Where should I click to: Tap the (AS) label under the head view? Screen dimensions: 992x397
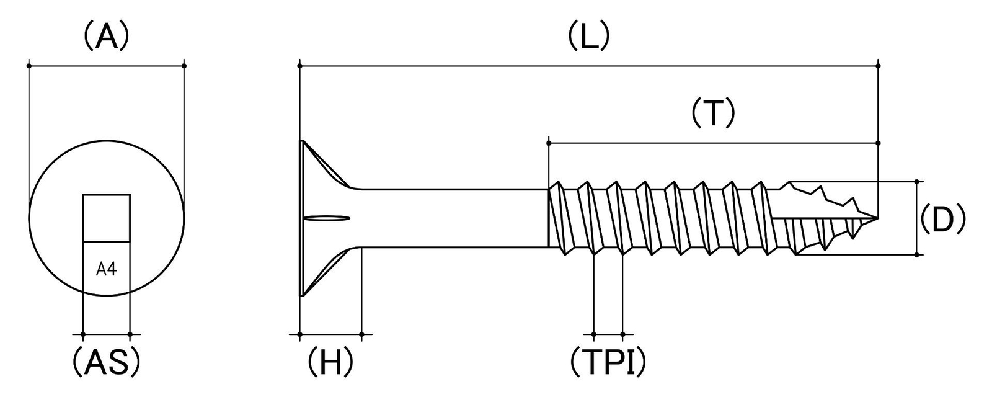click(106, 362)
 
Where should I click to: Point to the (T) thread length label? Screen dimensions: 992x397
click(713, 114)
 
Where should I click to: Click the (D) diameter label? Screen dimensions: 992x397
click(942, 218)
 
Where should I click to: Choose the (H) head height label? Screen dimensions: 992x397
click(330, 362)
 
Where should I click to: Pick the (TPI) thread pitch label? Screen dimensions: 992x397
click(608, 362)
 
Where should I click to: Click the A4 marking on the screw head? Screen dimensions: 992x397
click(106, 269)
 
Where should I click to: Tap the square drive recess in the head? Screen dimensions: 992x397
click(106, 218)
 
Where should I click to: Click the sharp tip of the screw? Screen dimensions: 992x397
click(877, 218)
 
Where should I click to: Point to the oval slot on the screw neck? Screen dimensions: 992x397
click(328, 218)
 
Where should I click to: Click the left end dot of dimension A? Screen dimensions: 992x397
click(29, 66)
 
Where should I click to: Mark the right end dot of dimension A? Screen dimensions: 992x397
click(184, 66)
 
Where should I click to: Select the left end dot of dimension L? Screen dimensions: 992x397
click(300, 66)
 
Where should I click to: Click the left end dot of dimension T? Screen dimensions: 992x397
click(549, 143)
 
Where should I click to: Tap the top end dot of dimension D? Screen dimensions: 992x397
click(916, 181)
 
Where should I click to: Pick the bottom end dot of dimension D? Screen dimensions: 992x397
click(916, 255)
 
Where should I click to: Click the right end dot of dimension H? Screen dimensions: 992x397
click(362, 334)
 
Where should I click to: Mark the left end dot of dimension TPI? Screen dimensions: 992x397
click(593, 334)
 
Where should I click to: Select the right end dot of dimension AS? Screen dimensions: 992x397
click(130, 334)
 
